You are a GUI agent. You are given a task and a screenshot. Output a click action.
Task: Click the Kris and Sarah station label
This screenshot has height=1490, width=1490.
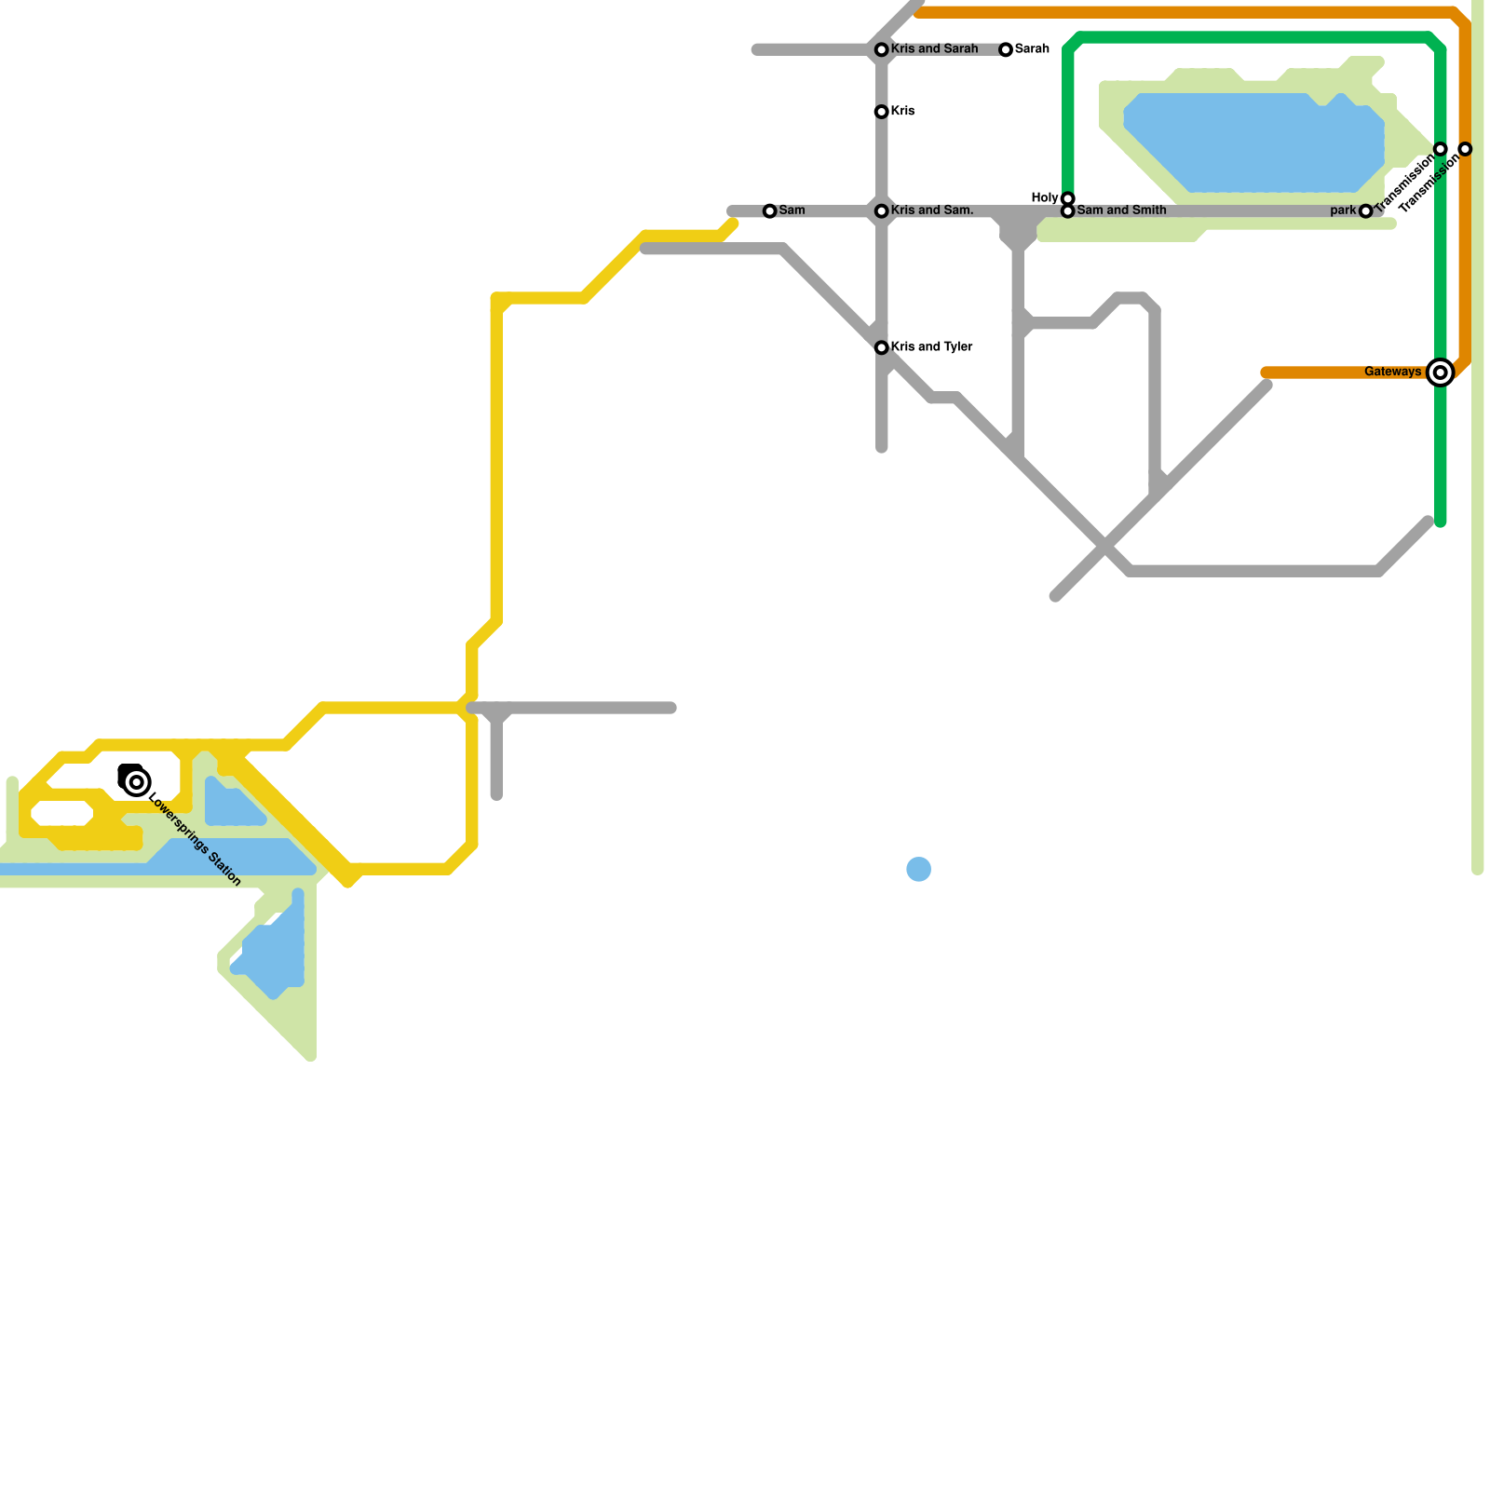(934, 48)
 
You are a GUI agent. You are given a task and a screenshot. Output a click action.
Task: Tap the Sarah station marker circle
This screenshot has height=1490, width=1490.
(1006, 49)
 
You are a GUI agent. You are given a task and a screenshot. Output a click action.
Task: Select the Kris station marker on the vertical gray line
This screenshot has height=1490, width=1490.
(881, 112)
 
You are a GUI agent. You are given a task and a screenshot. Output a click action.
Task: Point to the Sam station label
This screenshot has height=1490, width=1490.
(792, 210)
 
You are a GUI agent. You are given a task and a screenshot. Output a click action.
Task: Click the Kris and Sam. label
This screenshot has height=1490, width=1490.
(932, 210)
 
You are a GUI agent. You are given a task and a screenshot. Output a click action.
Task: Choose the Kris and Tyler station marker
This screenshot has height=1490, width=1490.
(881, 347)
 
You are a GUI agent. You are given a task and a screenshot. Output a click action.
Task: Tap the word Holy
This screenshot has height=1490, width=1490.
(1044, 198)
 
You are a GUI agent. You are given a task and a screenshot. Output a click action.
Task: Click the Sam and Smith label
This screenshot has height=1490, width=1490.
(1121, 210)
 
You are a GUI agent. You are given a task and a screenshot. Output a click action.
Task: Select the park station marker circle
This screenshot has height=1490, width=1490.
(1365, 211)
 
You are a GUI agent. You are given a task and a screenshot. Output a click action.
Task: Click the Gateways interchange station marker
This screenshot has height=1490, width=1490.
(1441, 372)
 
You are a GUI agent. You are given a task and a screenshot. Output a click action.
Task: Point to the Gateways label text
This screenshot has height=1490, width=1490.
(1392, 372)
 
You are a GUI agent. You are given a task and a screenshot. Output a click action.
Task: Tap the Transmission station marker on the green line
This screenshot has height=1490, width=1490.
(1441, 149)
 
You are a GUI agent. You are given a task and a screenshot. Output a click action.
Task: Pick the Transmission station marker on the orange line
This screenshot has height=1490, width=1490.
(1465, 149)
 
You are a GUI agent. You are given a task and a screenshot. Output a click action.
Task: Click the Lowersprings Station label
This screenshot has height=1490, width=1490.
(195, 840)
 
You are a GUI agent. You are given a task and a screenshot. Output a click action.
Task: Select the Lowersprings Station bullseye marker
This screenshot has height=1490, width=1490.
(137, 782)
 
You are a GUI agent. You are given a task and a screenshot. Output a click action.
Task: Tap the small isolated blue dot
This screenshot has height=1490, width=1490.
(918, 869)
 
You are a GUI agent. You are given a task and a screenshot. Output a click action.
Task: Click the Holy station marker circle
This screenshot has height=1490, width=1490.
(1068, 198)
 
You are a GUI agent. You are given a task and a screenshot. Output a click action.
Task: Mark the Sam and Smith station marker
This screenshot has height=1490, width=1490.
(1068, 211)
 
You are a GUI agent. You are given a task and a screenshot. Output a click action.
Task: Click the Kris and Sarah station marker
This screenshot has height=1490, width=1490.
(881, 49)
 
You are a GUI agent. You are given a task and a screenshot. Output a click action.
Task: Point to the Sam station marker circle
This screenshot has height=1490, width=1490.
(769, 211)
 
